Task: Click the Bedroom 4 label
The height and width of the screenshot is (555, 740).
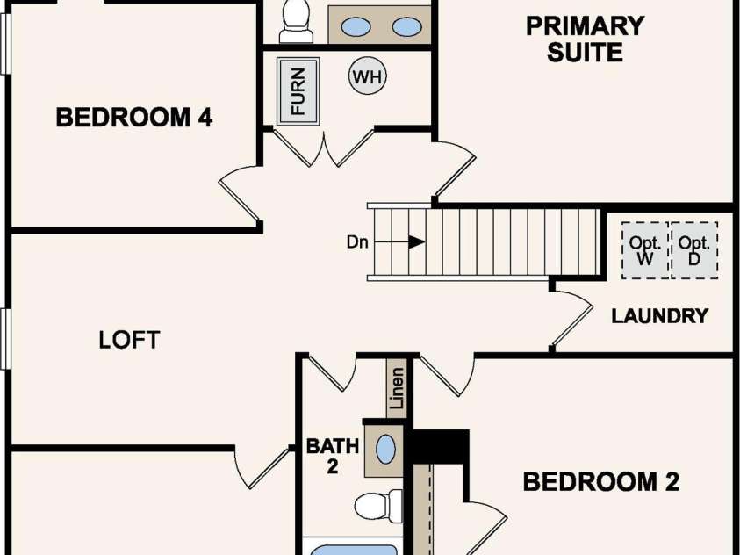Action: pyautogui.click(x=134, y=117)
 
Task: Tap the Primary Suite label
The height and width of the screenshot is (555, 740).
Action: pyautogui.click(x=586, y=39)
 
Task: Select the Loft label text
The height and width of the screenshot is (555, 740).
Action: pyautogui.click(x=129, y=340)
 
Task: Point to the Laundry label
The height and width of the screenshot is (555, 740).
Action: pyautogui.click(x=660, y=316)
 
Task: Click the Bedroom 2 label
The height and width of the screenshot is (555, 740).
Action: pyautogui.click(x=601, y=482)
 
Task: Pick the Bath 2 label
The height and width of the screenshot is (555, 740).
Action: pyautogui.click(x=333, y=456)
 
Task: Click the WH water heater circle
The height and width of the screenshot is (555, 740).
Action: pyautogui.click(x=368, y=76)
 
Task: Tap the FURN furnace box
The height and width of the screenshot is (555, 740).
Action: pyautogui.click(x=298, y=91)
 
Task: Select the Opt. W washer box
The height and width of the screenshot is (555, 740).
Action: pyautogui.click(x=645, y=250)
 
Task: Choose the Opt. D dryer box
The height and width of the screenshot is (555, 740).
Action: pyautogui.click(x=694, y=250)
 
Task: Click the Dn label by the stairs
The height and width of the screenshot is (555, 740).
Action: pyautogui.click(x=357, y=242)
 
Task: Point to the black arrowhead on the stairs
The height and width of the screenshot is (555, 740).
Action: pyautogui.click(x=416, y=242)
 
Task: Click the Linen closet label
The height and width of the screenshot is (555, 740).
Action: pyautogui.click(x=397, y=388)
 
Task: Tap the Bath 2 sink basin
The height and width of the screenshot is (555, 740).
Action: pyautogui.click(x=385, y=450)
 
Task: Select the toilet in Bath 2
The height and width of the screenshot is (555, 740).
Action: pyautogui.click(x=378, y=507)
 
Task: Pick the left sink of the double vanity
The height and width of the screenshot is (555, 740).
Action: pyautogui.click(x=356, y=27)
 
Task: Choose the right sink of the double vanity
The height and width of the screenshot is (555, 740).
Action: pyautogui.click(x=406, y=27)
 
